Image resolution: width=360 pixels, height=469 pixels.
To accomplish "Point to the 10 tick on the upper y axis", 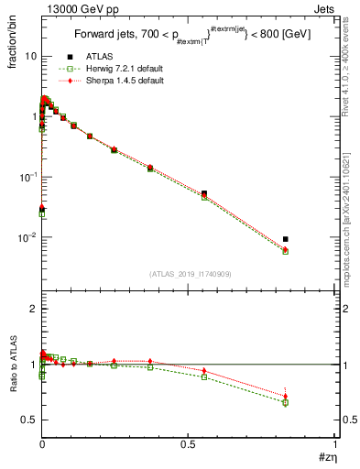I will pyautogui.click(x=29, y=56).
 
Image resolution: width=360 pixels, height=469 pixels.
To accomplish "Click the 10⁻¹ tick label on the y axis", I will pyautogui.click(x=27, y=177).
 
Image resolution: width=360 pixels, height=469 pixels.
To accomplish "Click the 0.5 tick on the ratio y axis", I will pyautogui.click(x=28, y=420).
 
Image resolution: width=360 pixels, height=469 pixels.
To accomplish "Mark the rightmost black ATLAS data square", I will pyautogui.click(x=286, y=239).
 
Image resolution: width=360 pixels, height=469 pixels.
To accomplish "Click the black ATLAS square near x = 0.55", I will pyautogui.click(x=204, y=193).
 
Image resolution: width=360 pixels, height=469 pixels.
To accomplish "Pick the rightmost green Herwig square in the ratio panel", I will pyautogui.click(x=286, y=402).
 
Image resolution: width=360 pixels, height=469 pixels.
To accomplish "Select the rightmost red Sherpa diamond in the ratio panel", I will pyautogui.click(x=286, y=396).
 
